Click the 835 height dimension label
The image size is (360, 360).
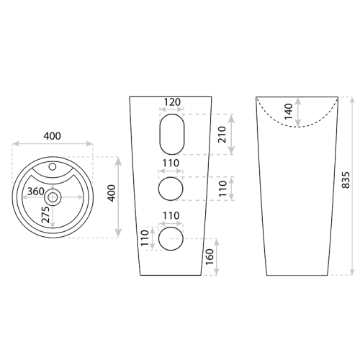346,180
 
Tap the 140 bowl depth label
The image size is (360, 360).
288,111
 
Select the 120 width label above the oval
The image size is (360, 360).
172,102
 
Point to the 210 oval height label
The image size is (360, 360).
222,135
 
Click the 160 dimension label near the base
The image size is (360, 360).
210,257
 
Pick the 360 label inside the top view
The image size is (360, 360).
36,192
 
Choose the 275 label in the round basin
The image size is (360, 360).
45,215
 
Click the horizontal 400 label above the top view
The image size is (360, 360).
52,136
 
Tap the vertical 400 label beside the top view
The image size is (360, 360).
112,193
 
